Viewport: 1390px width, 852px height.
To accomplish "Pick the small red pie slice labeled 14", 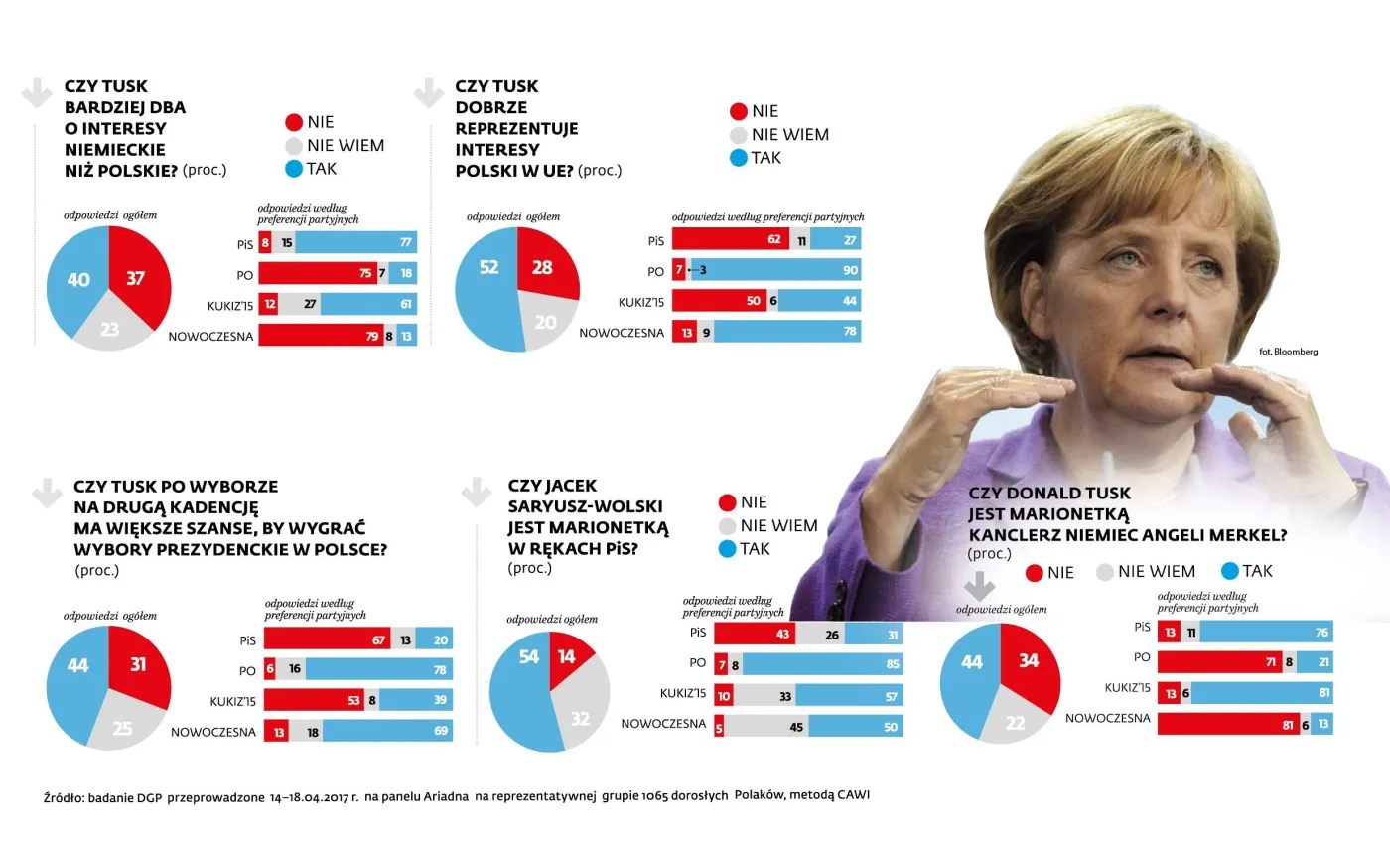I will tap(568, 657).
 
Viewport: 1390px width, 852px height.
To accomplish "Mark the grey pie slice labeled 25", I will tap(124, 727).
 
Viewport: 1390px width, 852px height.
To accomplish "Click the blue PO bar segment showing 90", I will tap(774, 270).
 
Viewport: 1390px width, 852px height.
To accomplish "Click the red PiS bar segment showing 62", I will tap(730, 239).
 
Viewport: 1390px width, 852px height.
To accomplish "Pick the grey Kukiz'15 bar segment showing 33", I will tap(764, 696).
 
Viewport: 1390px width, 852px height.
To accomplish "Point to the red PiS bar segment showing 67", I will tap(327, 640).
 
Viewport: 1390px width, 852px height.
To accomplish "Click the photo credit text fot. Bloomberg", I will tap(1288, 352).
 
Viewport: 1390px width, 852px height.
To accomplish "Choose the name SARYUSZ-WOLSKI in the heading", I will tap(585, 506).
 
